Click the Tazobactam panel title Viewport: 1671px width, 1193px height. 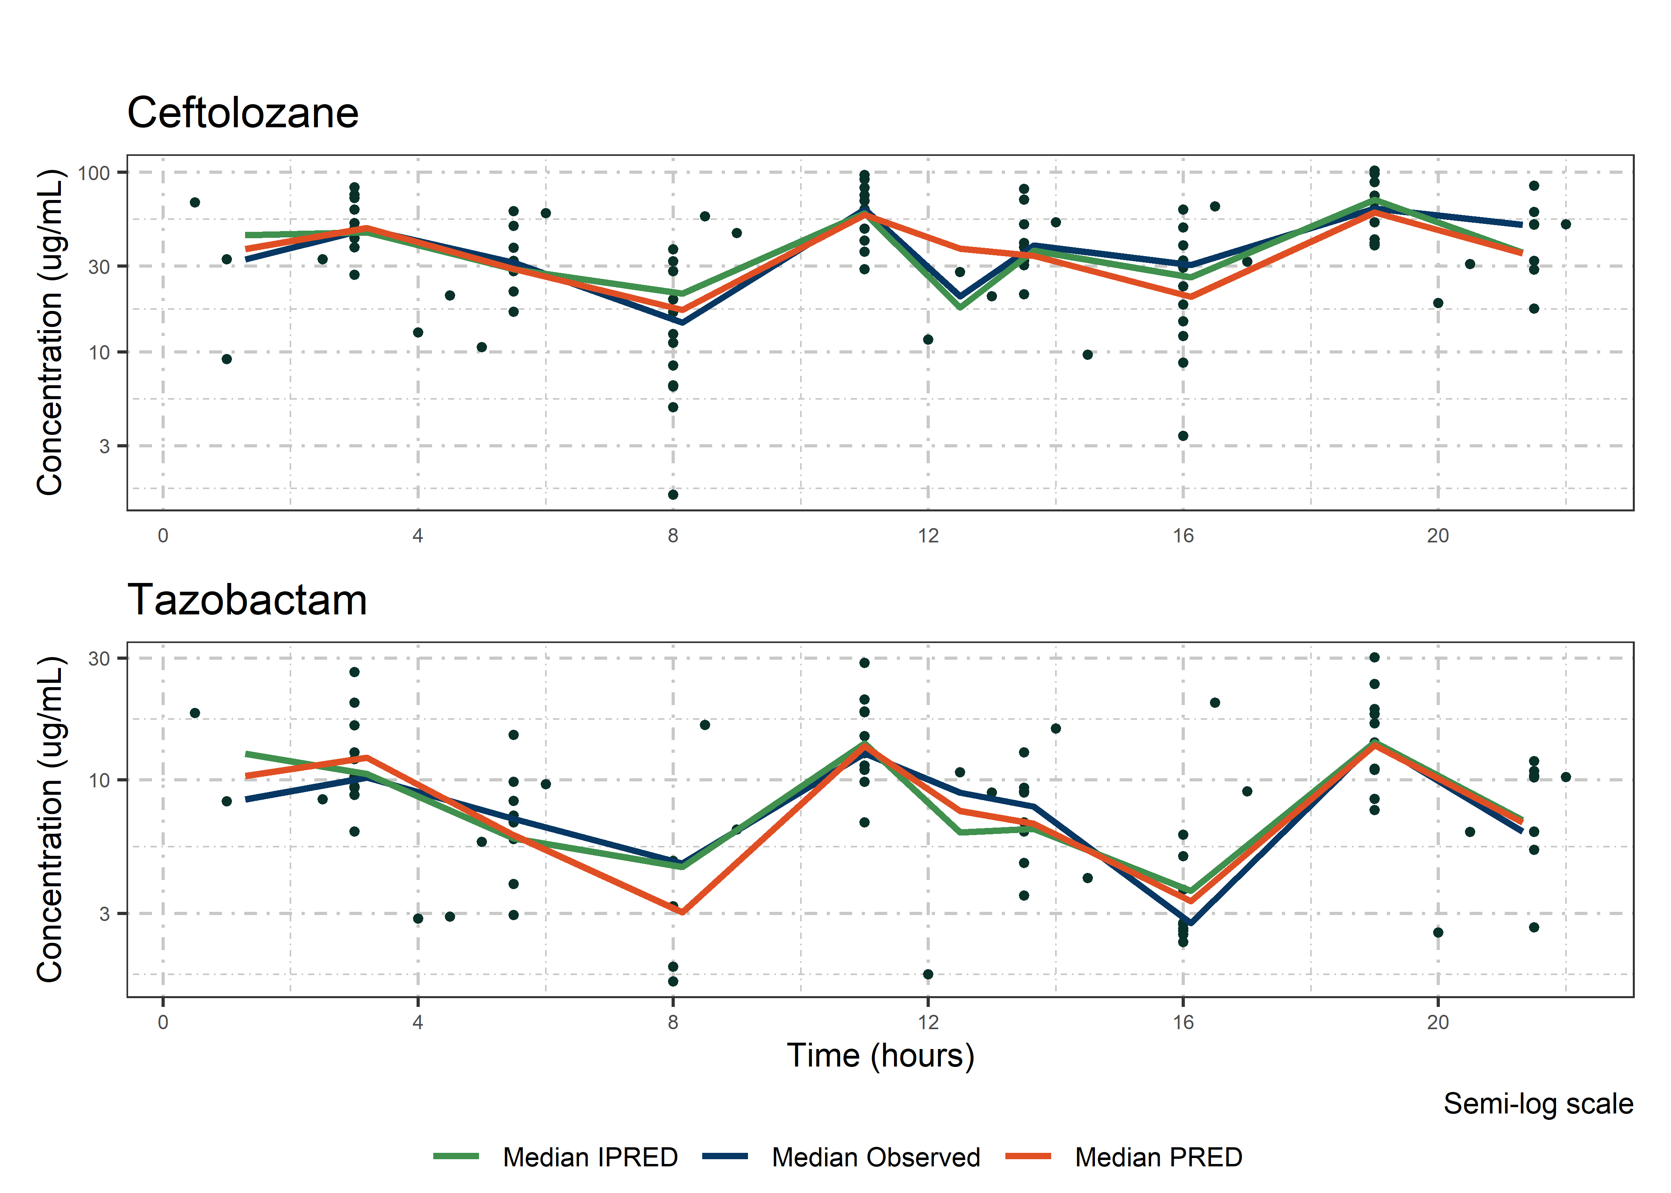point(247,600)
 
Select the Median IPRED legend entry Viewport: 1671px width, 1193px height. point(589,1157)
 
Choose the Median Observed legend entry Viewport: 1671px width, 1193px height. point(875,1157)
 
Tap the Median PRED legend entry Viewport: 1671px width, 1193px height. point(1158,1157)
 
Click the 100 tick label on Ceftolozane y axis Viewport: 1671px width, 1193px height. point(93,173)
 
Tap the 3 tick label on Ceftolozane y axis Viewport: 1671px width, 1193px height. point(104,446)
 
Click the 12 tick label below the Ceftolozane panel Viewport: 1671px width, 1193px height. point(928,536)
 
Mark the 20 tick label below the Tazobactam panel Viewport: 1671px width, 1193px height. point(1438,1022)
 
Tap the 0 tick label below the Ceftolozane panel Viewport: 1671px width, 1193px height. point(163,536)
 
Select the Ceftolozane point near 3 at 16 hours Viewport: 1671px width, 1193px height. point(1183,435)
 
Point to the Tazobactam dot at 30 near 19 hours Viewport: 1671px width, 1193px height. point(1374,657)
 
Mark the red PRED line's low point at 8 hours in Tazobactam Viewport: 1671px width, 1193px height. point(683,911)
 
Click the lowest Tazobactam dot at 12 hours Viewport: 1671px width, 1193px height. point(928,974)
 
